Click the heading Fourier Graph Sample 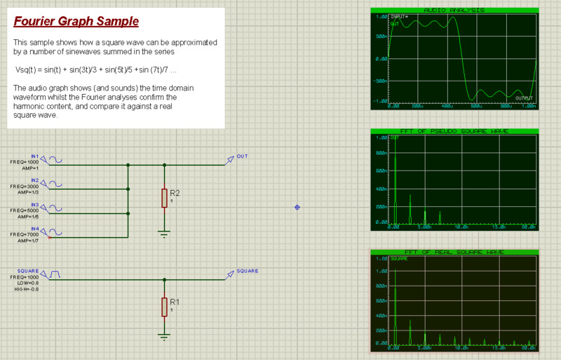(x=76, y=22)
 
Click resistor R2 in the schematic (x=165, y=198)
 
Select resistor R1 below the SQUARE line (x=165, y=307)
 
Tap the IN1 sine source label (x=35, y=156)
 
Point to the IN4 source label (x=35, y=229)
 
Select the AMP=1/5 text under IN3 (x=27, y=215)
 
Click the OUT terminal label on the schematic (x=242, y=156)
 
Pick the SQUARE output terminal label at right (x=247, y=271)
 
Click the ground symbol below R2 (x=165, y=234)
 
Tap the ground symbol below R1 (x=165, y=336)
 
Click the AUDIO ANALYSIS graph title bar (x=454, y=11)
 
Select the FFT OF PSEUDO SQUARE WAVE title (x=454, y=131)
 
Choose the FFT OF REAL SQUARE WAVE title (x=454, y=252)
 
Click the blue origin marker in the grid (x=297, y=207)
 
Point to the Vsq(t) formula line (x=96, y=71)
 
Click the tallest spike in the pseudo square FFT (x=396, y=189)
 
